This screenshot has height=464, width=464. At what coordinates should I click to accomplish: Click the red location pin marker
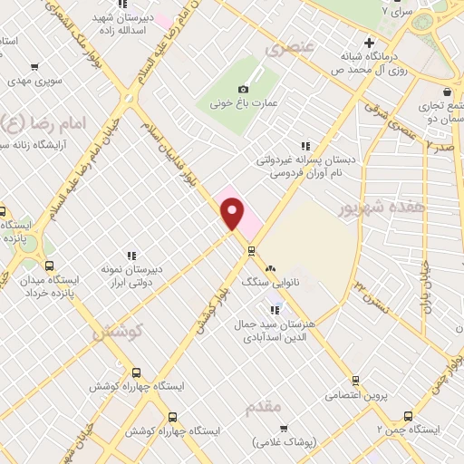233,214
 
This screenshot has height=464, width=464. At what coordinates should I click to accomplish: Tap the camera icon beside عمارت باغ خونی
243,89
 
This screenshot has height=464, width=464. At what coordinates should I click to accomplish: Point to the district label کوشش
118,332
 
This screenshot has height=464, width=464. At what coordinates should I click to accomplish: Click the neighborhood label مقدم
264,408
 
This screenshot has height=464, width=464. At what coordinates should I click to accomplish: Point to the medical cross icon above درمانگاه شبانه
369,43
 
